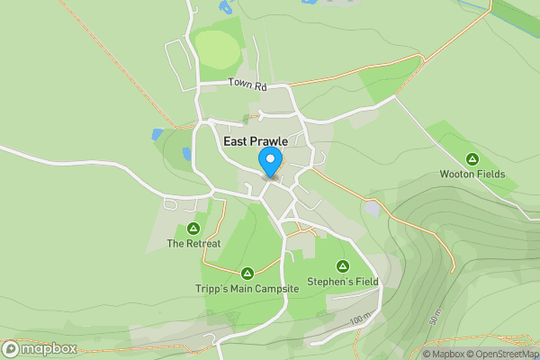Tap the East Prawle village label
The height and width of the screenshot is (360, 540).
(x=255, y=141)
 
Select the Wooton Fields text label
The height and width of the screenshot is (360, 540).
(x=472, y=174)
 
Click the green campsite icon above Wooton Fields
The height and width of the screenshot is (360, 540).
(x=472, y=158)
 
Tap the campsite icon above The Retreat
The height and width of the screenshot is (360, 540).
(x=193, y=229)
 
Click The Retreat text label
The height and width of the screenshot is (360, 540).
(x=193, y=244)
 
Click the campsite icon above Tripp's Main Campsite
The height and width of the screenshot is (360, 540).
(x=247, y=273)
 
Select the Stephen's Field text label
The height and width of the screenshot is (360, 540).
(x=343, y=282)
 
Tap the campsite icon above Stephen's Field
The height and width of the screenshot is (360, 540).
(x=343, y=265)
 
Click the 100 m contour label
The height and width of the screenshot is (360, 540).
(x=361, y=319)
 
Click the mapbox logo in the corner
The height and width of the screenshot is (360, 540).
(x=40, y=348)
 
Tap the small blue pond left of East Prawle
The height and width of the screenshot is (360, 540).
(x=158, y=134)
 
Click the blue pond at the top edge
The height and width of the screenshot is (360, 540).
(x=224, y=7)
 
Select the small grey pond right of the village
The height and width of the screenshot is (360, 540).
(x=372, y=209)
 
